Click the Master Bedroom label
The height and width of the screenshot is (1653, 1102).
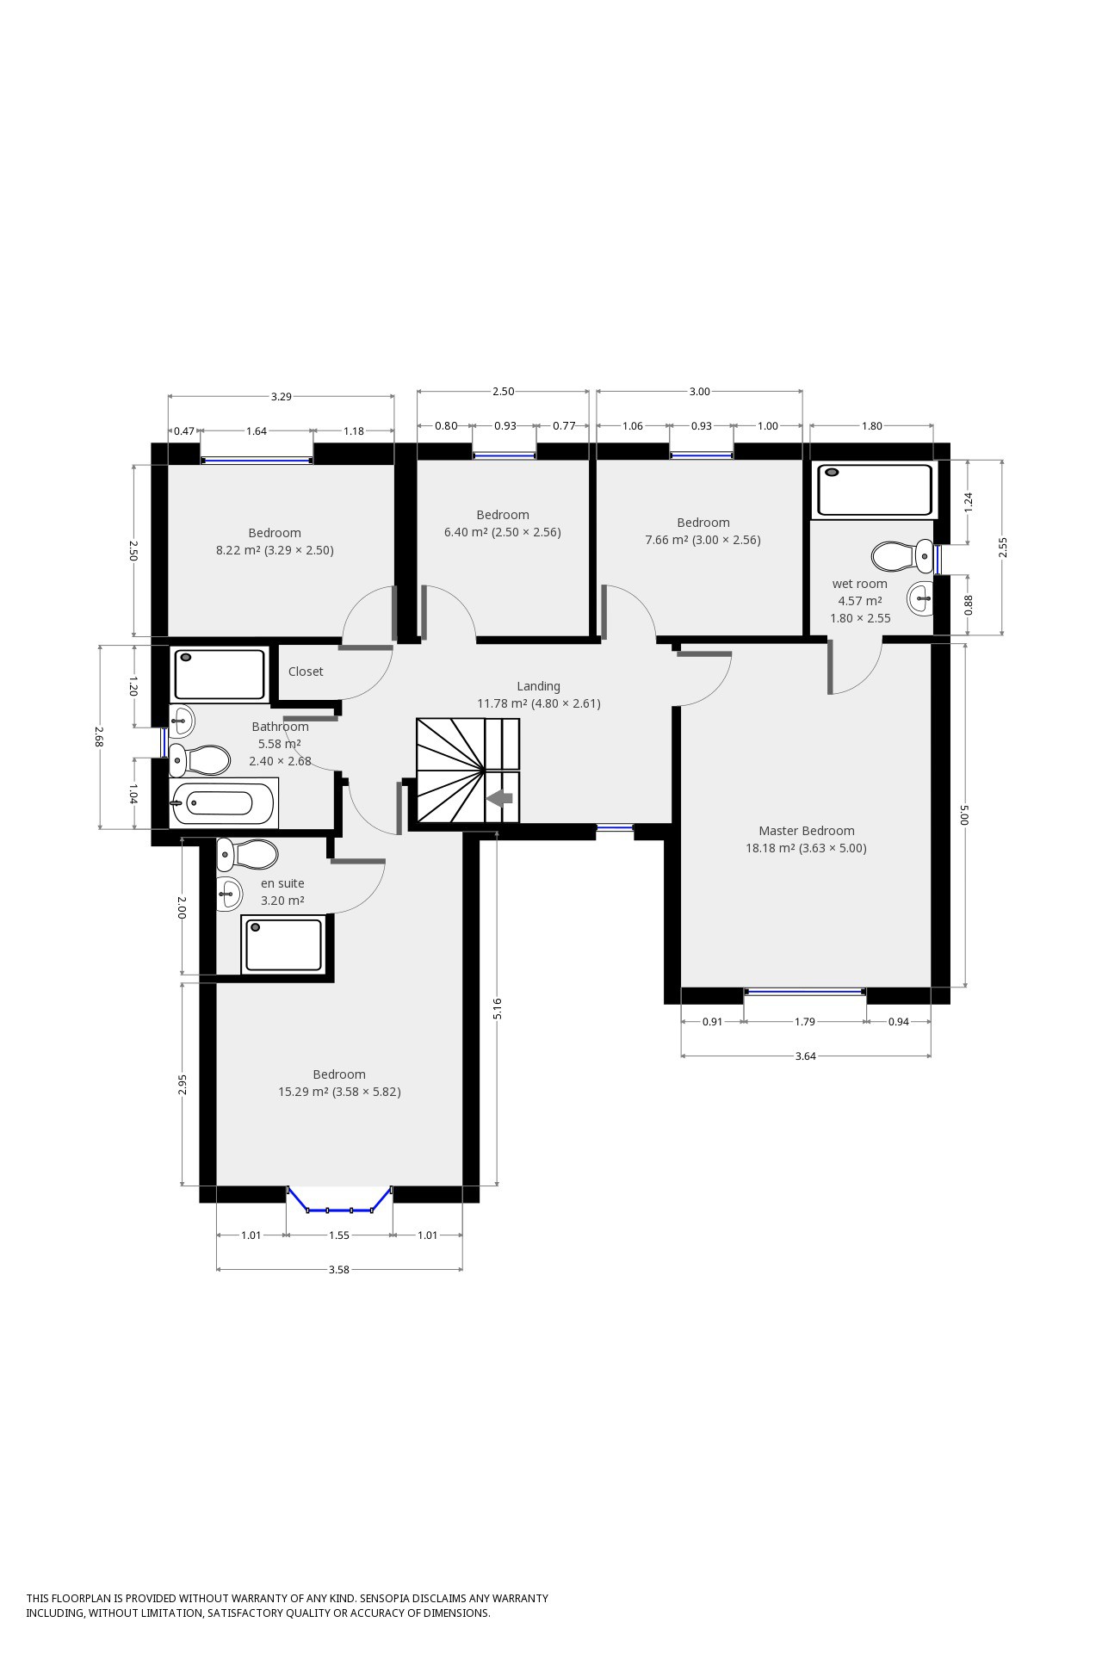(806, 831)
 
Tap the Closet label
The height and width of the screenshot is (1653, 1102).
(306, 672)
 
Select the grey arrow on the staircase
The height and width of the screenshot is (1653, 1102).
(500, 799)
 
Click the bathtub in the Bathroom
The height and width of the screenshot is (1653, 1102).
(222, 803)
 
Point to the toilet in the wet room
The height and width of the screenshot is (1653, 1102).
(900, 556)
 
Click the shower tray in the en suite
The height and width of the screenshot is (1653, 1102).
(283, 944)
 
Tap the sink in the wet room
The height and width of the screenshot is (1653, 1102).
(920, 597)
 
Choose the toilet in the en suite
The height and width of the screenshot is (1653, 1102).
(247, 854)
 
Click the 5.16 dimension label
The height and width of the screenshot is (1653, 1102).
(498, 1008)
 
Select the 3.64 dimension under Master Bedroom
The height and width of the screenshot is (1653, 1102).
(805, 1056)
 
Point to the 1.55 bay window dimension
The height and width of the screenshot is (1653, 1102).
(339, 1235)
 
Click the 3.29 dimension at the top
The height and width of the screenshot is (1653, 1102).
(281, 397)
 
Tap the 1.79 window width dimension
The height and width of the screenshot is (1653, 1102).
(804, 1022)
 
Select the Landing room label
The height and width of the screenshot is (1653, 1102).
(538, 686)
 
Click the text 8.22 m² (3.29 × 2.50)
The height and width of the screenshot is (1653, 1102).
(275, 550)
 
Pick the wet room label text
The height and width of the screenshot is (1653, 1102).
(859, 584)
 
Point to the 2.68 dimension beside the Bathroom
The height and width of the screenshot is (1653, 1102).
(99, 737)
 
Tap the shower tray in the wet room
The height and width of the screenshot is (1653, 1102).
(875, 489)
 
